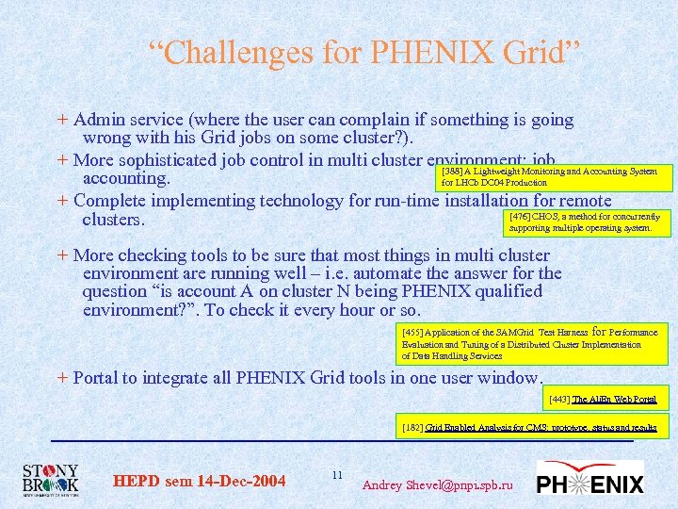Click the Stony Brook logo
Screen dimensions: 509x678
point(51,479)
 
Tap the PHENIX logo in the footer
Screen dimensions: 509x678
point(589,479)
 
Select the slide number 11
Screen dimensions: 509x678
point(337,474)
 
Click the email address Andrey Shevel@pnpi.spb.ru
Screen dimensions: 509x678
point(438,484)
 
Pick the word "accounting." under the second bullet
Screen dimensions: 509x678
point(126,179)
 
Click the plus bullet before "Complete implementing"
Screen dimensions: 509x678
point(62,200)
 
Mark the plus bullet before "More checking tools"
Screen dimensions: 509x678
point(62,254)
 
